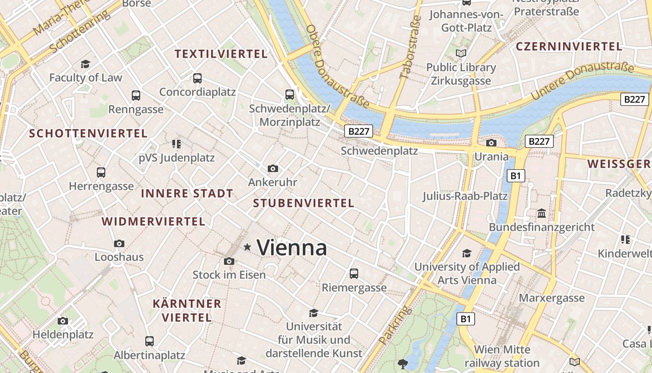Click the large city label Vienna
point(292,247)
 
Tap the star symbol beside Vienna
point(247,247)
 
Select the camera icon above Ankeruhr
point(273,168)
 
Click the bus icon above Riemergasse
point(354,273)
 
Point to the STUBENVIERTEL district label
point(304,203)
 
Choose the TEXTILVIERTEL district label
point(221,54)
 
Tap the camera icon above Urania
point(491,143)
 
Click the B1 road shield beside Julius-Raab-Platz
point(515,176)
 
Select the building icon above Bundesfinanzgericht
point(542,214)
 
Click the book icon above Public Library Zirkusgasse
point(461,54)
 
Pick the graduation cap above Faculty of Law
point(85,64)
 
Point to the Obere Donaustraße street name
point(337,65)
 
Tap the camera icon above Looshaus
point(119,243)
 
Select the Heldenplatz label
point(63,334)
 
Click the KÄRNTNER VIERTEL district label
point(187,311)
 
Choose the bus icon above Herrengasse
point(101,173)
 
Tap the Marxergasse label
point(551,298)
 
